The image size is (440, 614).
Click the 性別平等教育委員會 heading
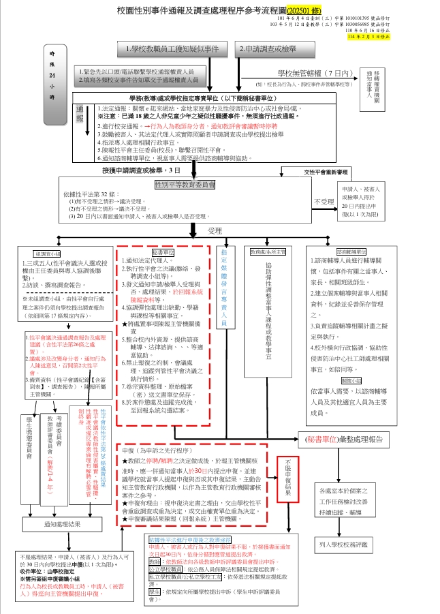tap(185, 184)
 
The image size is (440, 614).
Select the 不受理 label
tap(323, 202)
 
